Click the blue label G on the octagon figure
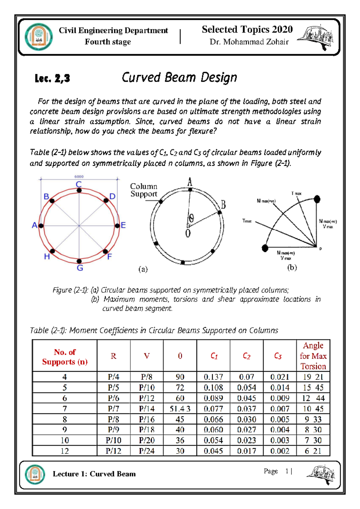point(80,268)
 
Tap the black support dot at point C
point(79,191)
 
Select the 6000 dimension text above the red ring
point(79,177)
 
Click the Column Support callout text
point(144,190)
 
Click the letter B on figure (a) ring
point(223,205)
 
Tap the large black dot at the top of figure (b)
point(317,199)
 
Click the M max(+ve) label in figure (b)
point(266,201)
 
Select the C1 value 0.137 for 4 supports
point(213,377)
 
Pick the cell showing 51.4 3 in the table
point(180,409)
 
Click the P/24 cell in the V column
point(147,451)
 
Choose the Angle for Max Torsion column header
point(313,356)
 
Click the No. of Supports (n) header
point(65,357)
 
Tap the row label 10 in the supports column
point(65,440)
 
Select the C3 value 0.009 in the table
point(280,398)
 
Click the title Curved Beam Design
point(179,77)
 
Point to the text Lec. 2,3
point(52,79)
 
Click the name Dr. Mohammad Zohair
point(249,42)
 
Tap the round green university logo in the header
point(39,38)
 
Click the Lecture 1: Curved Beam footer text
point(94,474)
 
